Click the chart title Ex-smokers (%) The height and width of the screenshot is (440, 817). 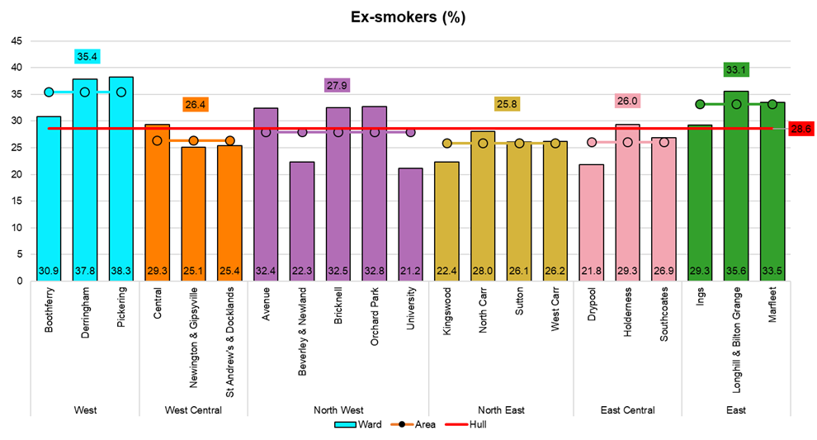[x=408, y=17]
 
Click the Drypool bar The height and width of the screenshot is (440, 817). [x=592, y=223]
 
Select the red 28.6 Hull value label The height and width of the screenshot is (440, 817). [x=801, y=129]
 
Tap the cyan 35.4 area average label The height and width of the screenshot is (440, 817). [x=85, y=57]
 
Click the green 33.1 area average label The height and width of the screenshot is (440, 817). [x=736, y=70]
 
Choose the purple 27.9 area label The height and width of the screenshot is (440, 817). [x=338, y=86]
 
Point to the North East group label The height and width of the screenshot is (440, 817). [x=501, y=410]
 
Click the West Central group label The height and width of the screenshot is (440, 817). [x=194, y=410]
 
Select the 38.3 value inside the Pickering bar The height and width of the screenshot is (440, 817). [x=121, y=271]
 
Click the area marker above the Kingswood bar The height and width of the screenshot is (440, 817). [x=446, y=144]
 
